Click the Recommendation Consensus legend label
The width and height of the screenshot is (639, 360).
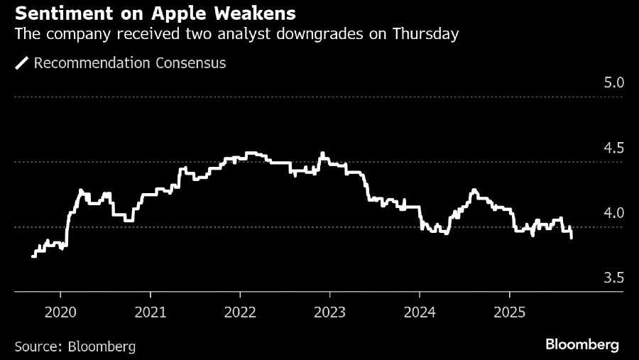tap(130, 63)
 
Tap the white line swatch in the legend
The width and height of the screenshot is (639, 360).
tap(21, 63)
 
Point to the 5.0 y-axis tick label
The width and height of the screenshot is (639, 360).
tap(613, 82)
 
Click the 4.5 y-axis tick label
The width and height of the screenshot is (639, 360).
tap(613, 148)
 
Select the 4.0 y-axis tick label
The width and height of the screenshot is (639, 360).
tap(613, 213)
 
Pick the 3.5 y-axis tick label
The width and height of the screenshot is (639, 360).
tap(613, 278)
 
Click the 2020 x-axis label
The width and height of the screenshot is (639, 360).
tap(60, 312)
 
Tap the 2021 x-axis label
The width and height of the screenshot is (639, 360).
tap(150, 312)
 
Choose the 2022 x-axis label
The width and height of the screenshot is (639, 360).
tap(240, 312)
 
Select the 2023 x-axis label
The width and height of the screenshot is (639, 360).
tap(329, 312)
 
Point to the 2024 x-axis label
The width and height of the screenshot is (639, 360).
tap(420, 312)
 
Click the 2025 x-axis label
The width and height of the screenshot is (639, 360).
tap(509, 312)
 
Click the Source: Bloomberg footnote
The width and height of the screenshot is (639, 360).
tap(75, 347)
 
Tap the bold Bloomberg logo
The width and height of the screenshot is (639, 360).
tap(581, 345)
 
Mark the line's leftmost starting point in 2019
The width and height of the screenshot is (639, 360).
tap(33, 256)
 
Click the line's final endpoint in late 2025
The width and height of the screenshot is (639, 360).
tap(572, 238)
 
